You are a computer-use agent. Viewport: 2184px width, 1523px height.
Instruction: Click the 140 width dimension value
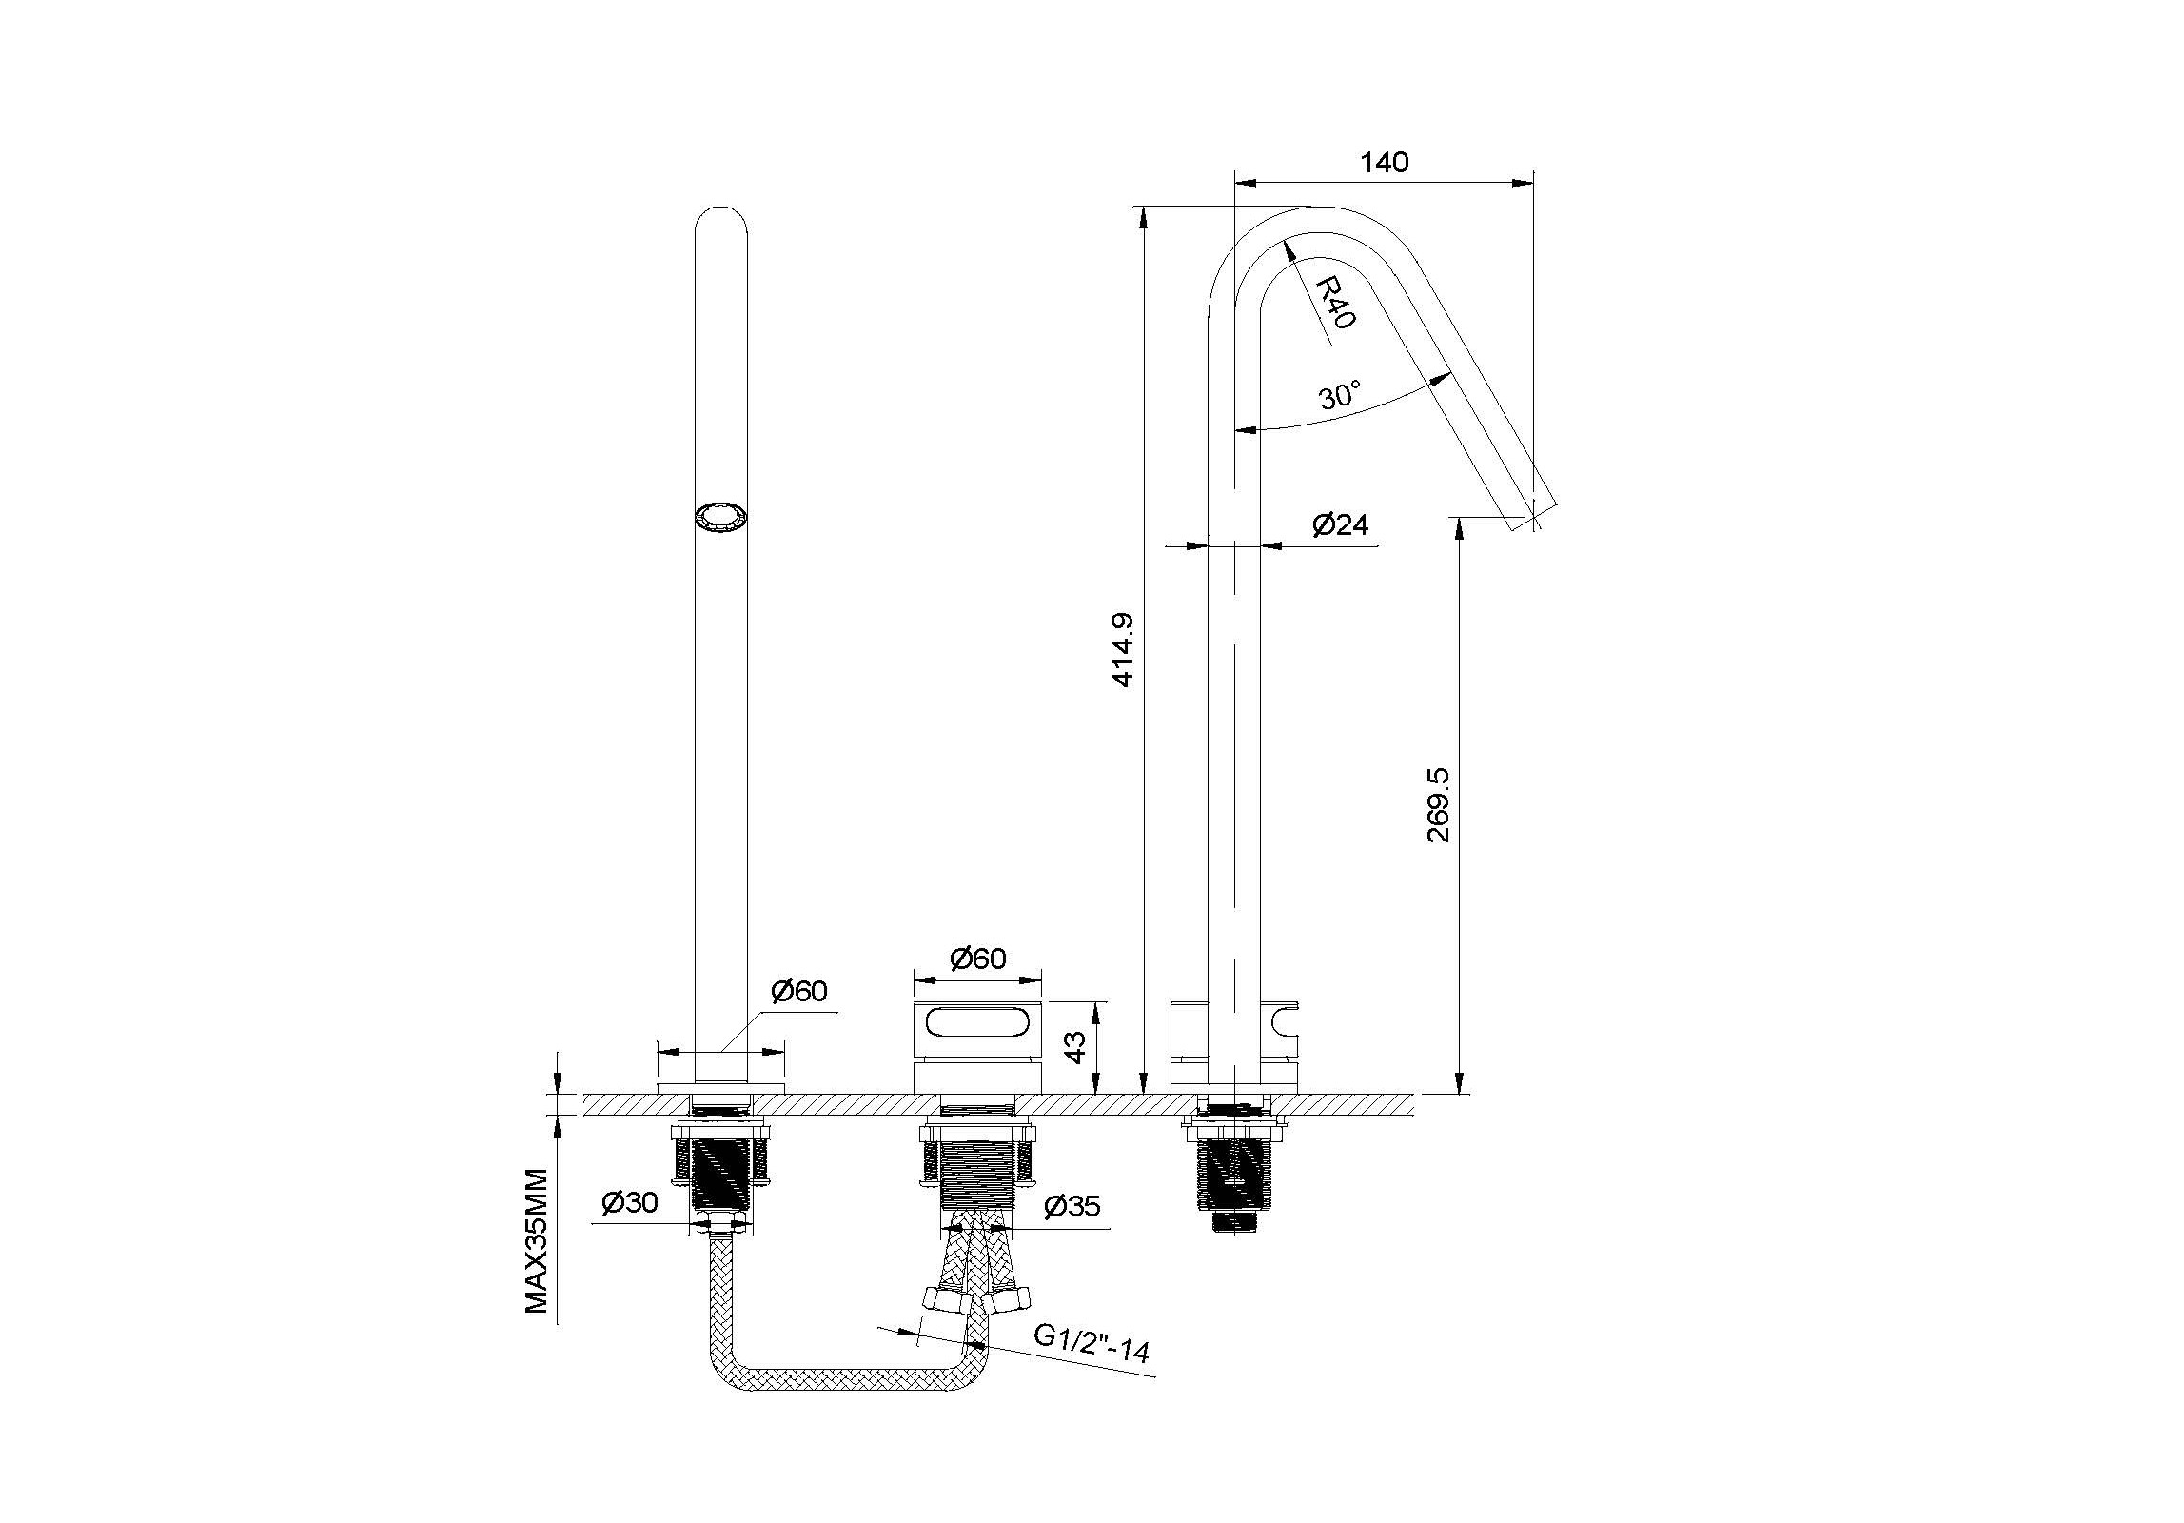click(x=1384, y=162)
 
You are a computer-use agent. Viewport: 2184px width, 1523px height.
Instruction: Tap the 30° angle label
click(x=1341, y=394)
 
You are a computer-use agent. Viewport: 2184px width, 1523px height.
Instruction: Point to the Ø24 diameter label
click(x=1341, y=524)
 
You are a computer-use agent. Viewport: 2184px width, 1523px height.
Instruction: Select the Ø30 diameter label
click(x=630, y=1203)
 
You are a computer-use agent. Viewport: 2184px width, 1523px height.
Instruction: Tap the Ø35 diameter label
click(x=1072, y=1207)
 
